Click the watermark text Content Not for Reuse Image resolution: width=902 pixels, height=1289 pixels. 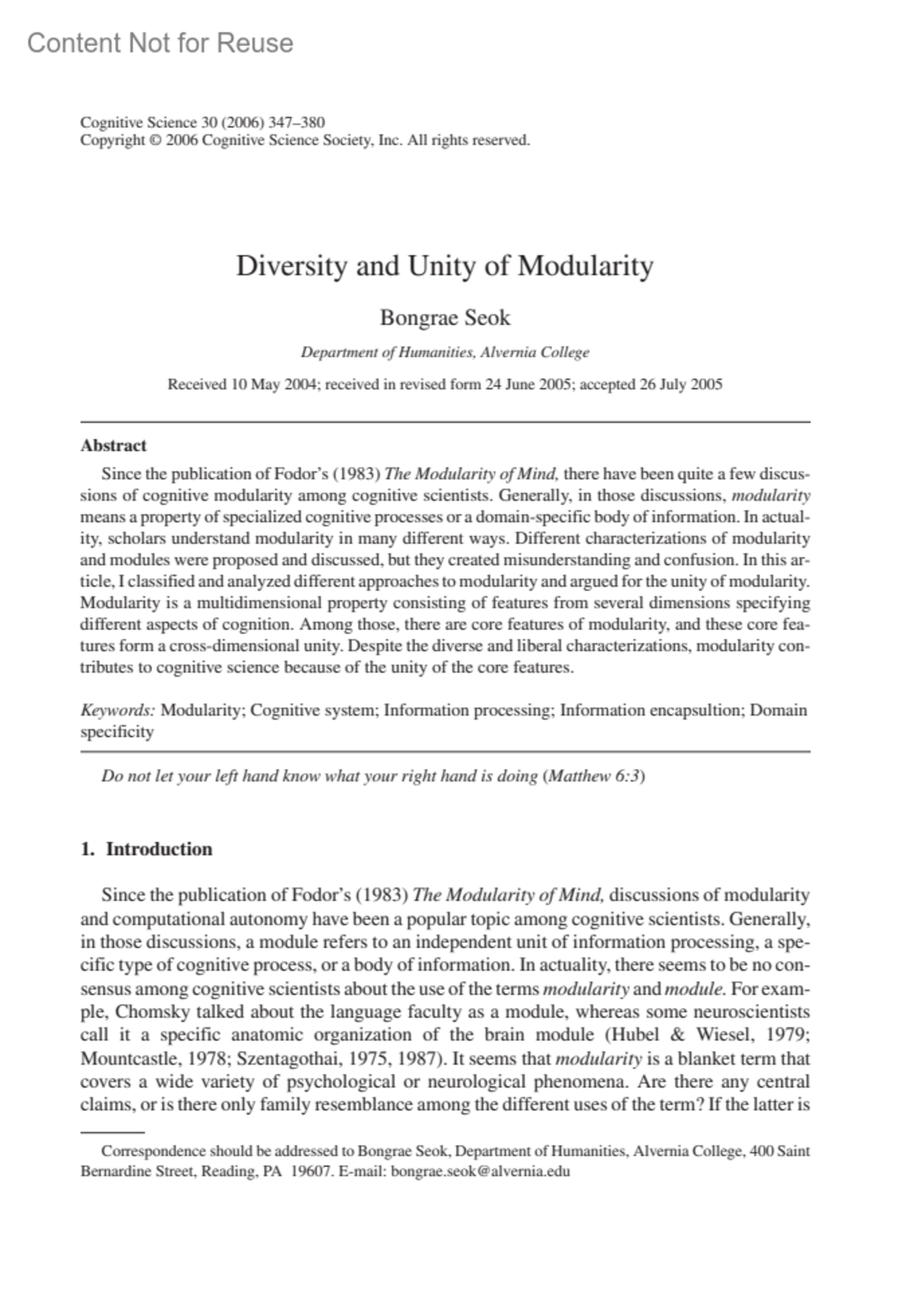pyautogui.click(x=160, y=44)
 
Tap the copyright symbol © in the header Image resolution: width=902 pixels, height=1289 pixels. pyautogui.click(x=155, y=140)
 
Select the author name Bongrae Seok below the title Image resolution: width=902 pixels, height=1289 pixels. pyautogui.click(x=445, y=317)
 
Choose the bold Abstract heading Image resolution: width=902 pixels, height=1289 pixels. pyautogui.click(x=114, y=445)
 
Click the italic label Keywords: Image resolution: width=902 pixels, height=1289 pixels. pyautogui.click(x=117, y=710)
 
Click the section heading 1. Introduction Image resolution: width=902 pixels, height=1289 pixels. pyautogui.click(x=147, y=849)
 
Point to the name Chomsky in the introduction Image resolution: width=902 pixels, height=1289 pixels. pyautogui.click(x=148, y=1011)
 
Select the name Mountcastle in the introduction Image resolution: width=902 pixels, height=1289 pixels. pyautogui.click(x=125, y=1059)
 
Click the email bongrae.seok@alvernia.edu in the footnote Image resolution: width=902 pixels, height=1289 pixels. pyautogui.click(x=481, y=1171)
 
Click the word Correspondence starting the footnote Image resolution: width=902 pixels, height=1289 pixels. pyautogui.click(x=153, y=1151)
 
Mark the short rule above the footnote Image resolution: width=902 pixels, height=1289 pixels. pyautogui.click(x=112, y=1131)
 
